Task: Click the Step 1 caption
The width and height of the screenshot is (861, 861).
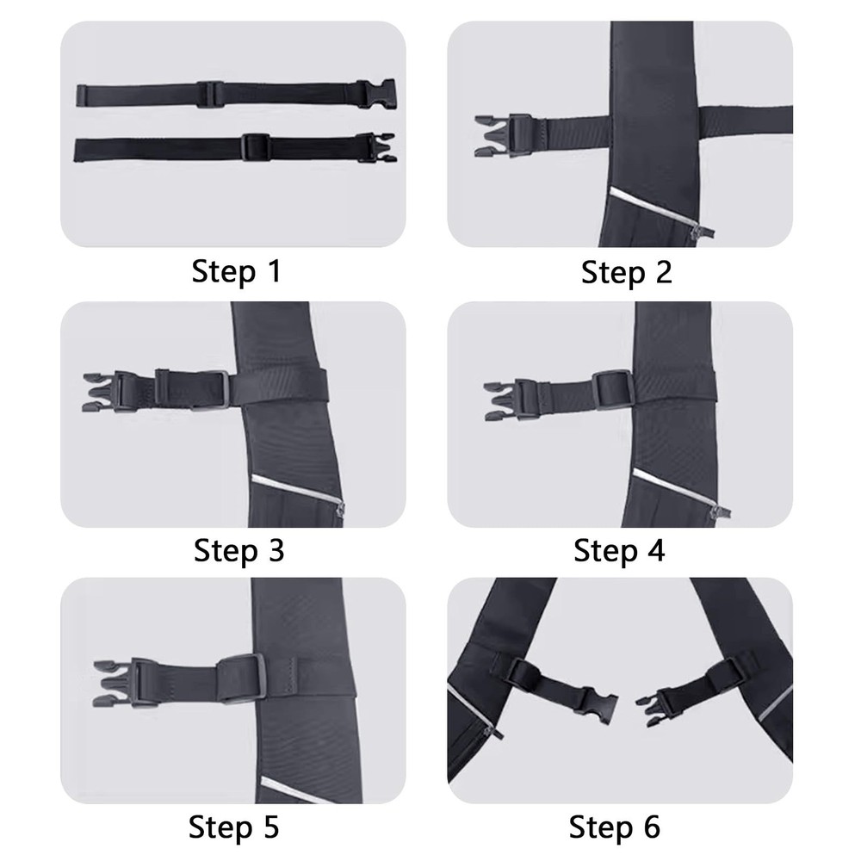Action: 236,272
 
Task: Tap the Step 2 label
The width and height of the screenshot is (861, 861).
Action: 626,272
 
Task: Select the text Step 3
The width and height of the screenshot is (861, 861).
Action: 238,549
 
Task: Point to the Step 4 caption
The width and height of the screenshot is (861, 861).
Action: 619,549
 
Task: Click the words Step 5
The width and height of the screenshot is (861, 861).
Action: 233,827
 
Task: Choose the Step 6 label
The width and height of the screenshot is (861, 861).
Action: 615,827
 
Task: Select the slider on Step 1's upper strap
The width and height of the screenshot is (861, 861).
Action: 209,93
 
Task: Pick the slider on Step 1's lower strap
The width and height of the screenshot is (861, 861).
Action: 256,147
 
